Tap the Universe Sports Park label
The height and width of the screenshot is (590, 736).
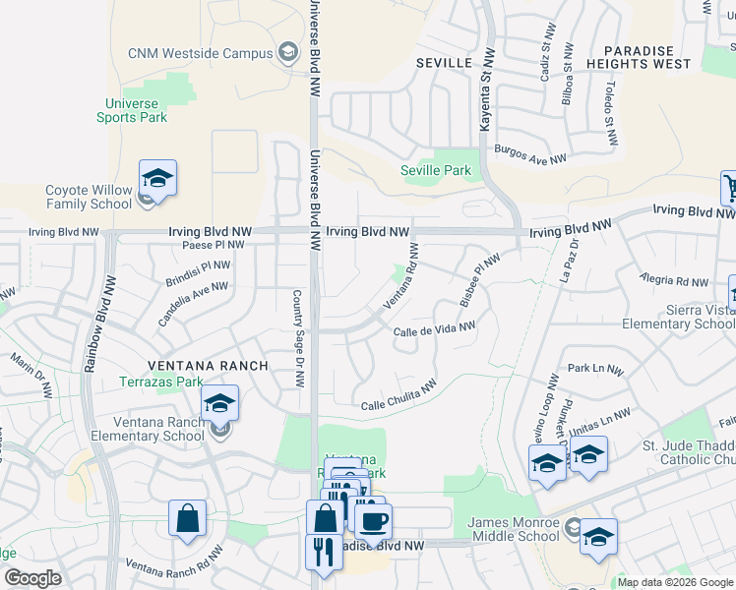pyautogui.click(x=132, y=110)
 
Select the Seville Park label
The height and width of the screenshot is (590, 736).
pyautogui.click(x=435, y=170)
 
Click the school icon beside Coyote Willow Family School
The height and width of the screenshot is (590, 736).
pyautogui.click(x=157, y=179)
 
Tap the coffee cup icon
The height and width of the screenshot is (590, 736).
pyautogui.click(x=372, y=521)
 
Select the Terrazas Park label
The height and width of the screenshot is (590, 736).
pyautogui.click(x=160, y=382)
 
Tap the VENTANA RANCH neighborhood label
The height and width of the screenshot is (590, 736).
pyautogui.click(x=206, y=366)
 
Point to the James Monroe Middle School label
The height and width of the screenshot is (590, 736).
pyautogui.click(x=514, y=528)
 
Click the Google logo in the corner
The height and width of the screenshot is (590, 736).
pyautogui.click(x=32, y=578)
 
